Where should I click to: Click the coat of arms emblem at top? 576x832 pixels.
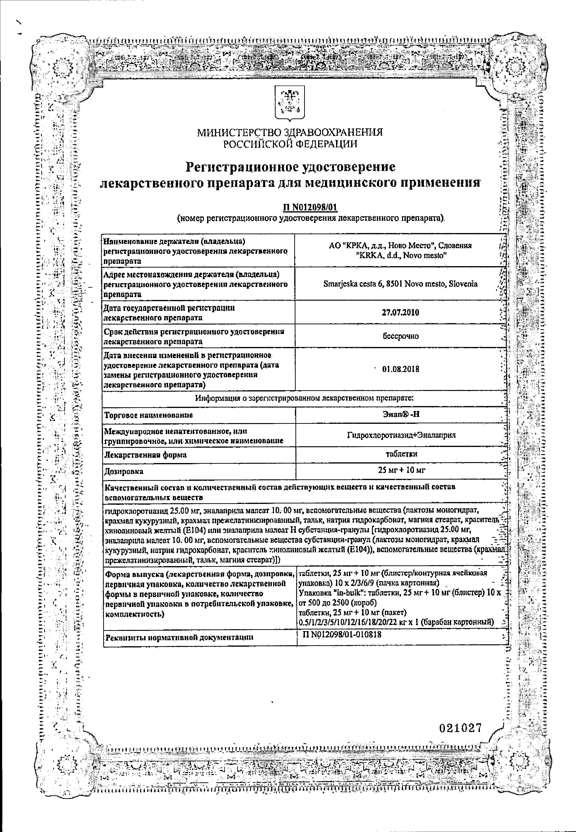coord(290,103)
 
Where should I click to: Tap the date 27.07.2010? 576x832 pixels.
coord(400,312)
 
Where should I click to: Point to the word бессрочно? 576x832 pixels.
coord(400,336)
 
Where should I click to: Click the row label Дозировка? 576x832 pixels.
coord(124,472)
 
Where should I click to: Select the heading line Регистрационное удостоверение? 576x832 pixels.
coord(290,167)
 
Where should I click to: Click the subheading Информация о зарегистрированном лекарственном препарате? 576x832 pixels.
coord(304,398)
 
